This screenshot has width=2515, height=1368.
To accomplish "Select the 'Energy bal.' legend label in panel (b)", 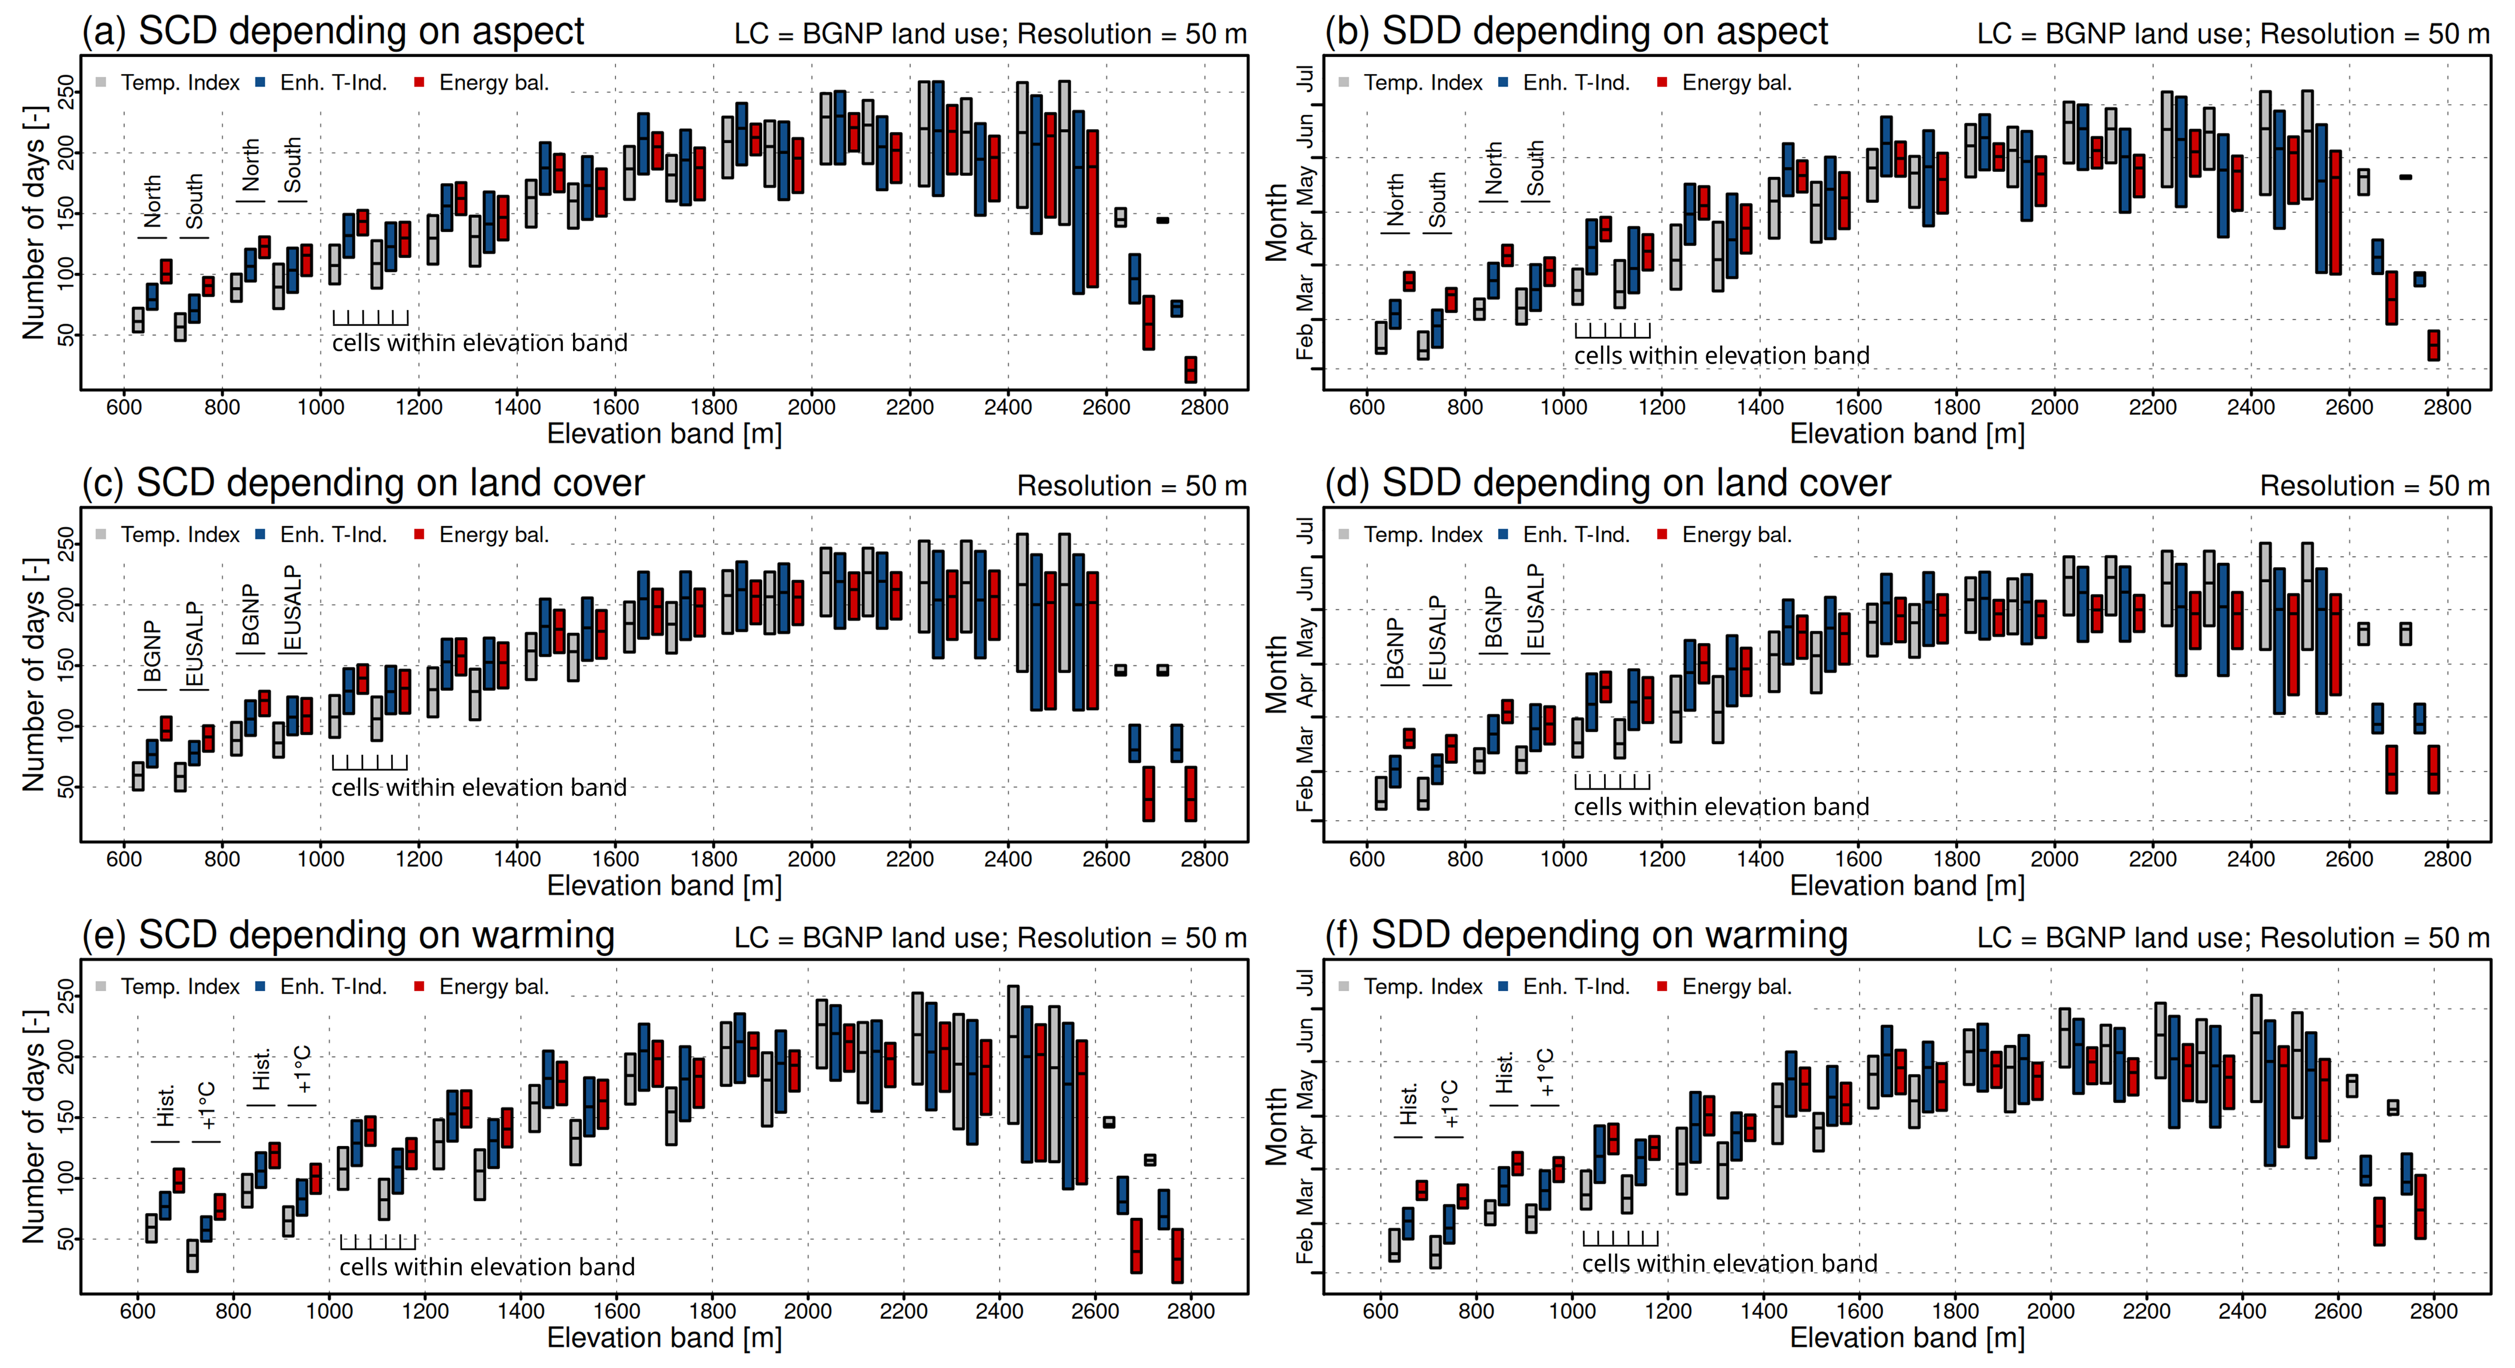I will (x=1736, y=83).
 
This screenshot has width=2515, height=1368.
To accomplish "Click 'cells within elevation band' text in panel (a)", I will (x=479, y=343).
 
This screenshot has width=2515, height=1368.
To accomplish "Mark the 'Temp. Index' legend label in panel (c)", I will (x=179, y=535).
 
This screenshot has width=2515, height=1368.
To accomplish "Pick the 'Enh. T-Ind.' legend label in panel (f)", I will (x=1576, y=987).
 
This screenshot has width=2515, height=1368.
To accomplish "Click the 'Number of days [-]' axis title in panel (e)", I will (x=34, y=1126).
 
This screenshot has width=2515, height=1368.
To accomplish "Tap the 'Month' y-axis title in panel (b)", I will (x=1276, y=223).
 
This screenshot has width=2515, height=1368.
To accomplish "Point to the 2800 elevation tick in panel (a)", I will (x=1204, y=407).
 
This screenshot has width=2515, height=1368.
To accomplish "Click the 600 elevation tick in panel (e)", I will (x=138, y=1311).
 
